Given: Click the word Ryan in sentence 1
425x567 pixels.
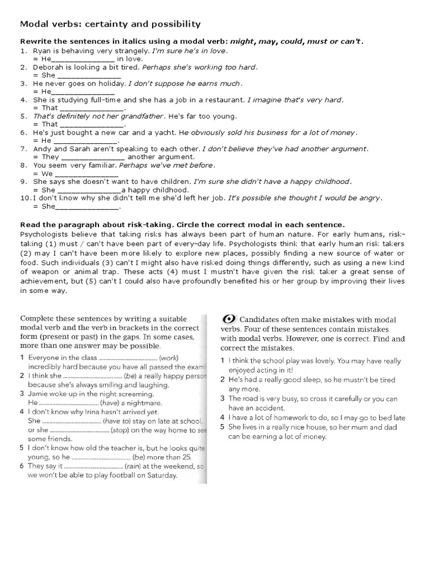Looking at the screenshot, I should tap(42, 50).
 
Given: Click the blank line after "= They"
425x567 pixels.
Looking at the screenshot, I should tap(88, 157).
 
